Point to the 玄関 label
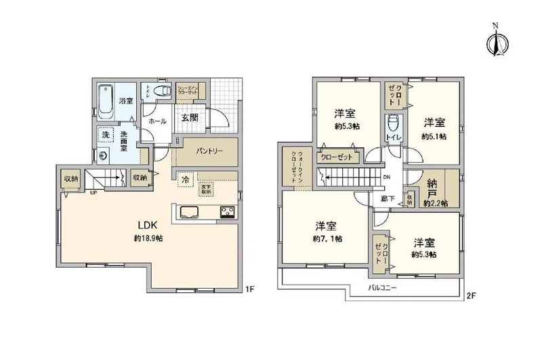[189, 117]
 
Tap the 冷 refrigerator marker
[184, 180]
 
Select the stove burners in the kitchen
[226, 213]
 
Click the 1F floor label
[249, 290]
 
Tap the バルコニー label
[383, 288]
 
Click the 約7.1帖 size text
[327, 239]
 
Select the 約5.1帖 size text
[434, 136]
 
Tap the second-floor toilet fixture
[393, 125]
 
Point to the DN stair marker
[387, 178]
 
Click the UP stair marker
[93, 192]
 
